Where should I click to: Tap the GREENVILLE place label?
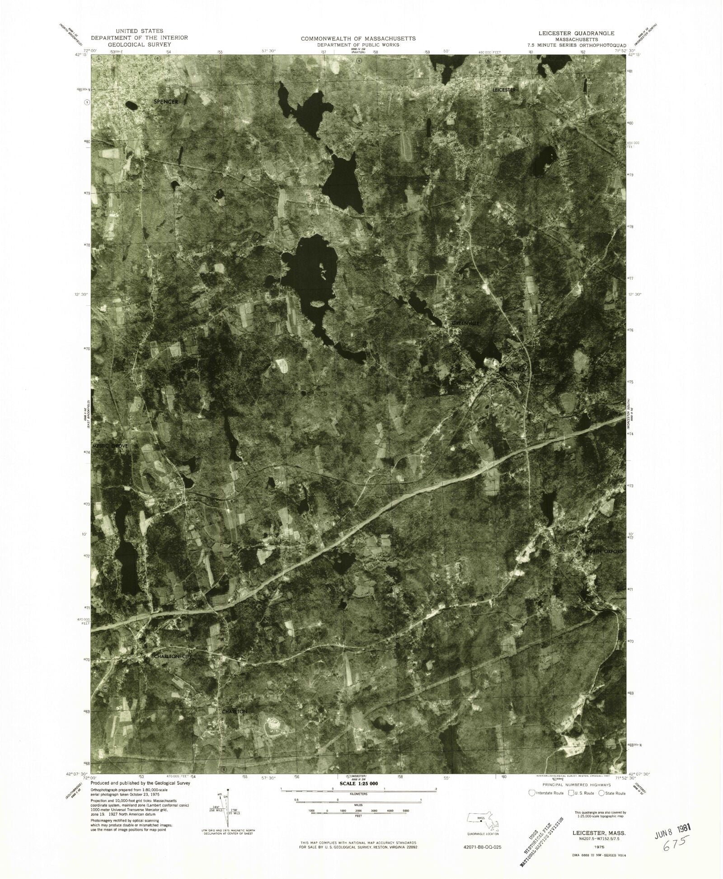(x=465, y=323)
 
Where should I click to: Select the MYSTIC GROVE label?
(x=110, y=446)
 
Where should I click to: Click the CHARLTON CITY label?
(x=173, y=656)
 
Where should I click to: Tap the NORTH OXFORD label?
(x=605, y=552)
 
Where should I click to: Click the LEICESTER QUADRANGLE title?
(x=575, y=33)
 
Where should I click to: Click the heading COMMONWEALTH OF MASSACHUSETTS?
(x=358, y=39)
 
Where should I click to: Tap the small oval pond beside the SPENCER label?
(x=131, y=106)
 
